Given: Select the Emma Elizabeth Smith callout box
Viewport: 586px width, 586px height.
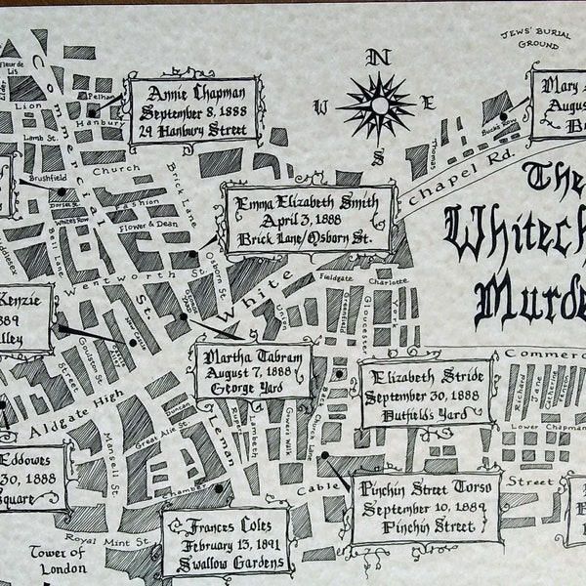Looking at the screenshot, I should [x=309, y=221].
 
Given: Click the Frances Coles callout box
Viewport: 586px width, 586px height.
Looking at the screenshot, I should [x=226, y=540].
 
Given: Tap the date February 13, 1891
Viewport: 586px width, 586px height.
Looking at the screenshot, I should [x=226, y=544].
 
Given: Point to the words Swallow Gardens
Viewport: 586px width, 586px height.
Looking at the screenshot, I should [x=226, y=562].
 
